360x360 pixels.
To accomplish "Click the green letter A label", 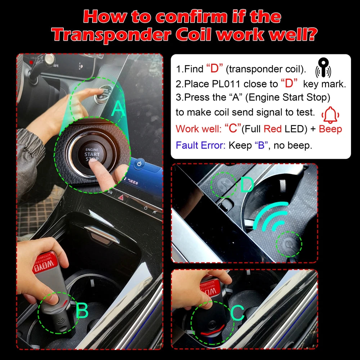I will tap(118, 109).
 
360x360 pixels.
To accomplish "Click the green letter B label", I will tap(82, 310).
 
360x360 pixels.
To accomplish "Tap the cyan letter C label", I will tap(237, 313).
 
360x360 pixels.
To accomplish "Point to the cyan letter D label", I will tap(247, 185).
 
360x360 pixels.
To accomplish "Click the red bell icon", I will tap(332, 115).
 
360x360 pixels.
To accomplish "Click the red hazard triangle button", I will tap(121, 197).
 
